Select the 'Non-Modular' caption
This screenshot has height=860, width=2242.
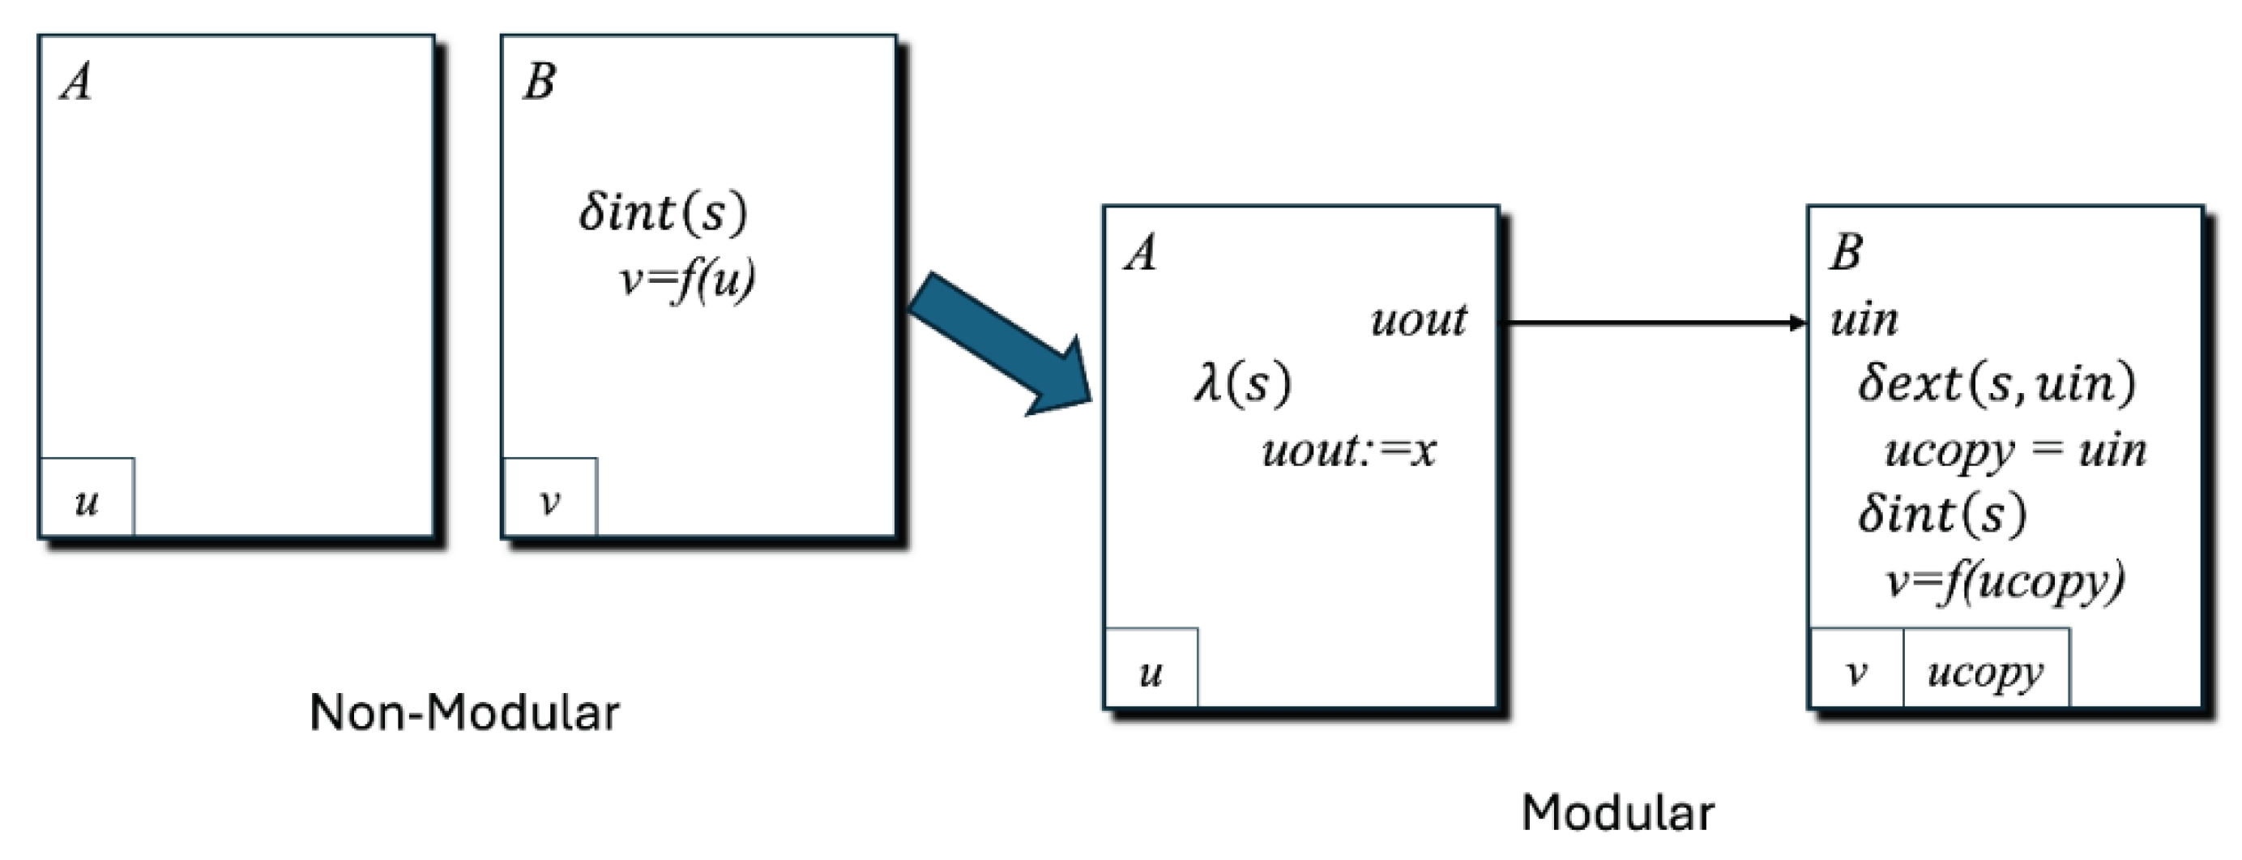[x=465, y=713]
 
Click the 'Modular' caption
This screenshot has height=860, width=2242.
[x=1618, y=813]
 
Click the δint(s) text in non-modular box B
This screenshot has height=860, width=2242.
[x=663, y=212]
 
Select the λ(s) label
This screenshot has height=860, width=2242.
[x=1243, y=383]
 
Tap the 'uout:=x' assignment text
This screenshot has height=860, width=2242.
[x=1348, y=450]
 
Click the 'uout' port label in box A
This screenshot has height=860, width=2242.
[x=1419, y=319]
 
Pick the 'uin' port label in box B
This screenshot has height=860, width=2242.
[x=1864, y=319]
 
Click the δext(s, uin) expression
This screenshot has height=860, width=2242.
[x=1996, y=383]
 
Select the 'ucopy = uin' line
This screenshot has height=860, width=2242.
[x=2015, y=451]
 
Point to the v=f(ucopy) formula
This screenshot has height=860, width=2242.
[x=2005, y=580]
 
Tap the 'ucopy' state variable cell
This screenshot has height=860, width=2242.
[x=1985, y=671]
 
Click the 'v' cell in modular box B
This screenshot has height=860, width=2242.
[x=1856, y=671]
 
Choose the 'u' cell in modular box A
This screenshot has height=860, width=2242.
[x=1151, y=671]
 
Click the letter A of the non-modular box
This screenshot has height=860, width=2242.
[x=75, y=83]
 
